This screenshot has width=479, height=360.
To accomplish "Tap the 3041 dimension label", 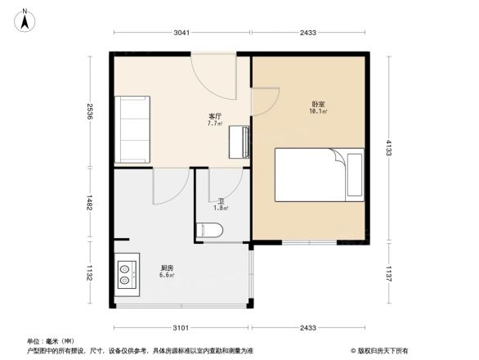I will click(181, 33).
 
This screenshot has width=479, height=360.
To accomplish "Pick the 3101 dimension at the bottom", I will click(181, 328).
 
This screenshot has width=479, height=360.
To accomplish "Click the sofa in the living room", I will click(132, 129).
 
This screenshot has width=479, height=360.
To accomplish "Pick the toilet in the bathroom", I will click(209, 229).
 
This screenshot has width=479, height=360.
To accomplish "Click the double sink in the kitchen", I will click(126, 273).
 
